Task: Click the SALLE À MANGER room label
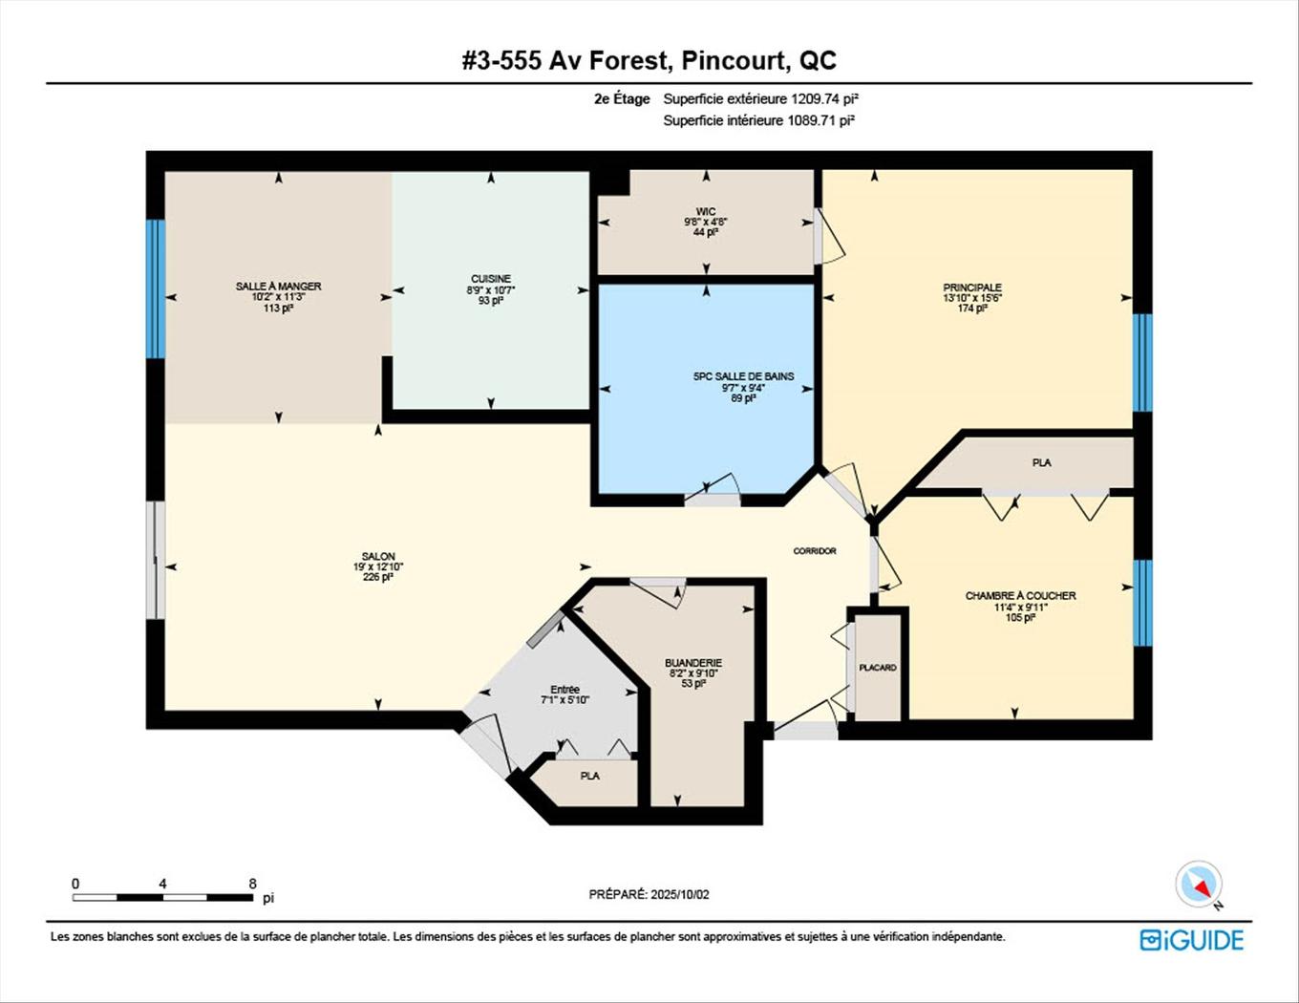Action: click(278, 287)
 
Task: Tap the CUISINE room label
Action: click(491, 279)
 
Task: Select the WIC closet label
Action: click(706, 212)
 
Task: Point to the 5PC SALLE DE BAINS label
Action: click(743, 376)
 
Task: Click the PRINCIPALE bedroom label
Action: click(972, 288)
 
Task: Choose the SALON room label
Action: click(378, 557)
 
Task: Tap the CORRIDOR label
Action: click(815, 551)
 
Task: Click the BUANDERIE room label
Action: click(693, 663)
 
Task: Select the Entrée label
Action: click(564, 690)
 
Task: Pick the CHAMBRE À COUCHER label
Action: click(1020, 596)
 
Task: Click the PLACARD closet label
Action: click(878, 668)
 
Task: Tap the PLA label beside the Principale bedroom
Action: click(1041, 463)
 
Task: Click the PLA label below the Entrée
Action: click(590, 776)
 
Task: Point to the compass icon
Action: click(1198, 884)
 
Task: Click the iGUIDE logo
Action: click(1192, 940)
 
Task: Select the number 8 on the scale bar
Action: click(252, 885)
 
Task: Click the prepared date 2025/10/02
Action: click(679, 895)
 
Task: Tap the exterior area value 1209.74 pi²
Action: click(819, 98)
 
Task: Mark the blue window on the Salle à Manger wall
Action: click(155, 288)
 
